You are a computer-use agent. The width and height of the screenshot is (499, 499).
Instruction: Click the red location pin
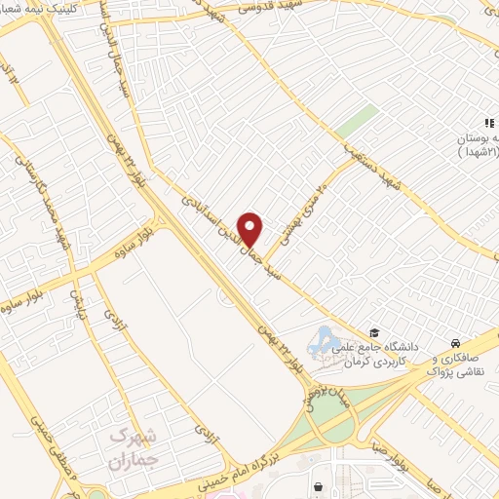point(251,228)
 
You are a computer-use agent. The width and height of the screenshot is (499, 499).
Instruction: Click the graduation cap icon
point(372,333)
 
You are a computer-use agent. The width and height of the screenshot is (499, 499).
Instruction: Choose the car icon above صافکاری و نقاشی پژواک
point(456,343)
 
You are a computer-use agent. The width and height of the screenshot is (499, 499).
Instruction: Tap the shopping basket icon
point(318,485)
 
